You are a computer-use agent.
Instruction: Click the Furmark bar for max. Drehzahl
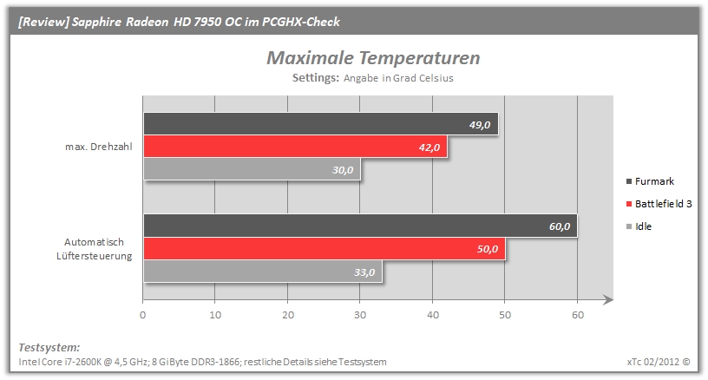pos(320,124)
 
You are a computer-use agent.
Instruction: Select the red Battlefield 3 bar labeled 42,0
pos(295,147)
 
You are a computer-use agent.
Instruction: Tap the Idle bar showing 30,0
pos(252,169)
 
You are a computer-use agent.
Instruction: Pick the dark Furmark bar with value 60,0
pos(360,226)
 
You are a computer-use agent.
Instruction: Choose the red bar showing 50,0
pos(324,249)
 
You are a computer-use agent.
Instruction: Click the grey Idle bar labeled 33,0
pos(263,272)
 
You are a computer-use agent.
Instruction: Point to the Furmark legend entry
pos(650,181)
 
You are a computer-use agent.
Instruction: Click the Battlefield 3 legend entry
pos(659,204)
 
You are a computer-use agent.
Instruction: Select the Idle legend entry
pos(639,226)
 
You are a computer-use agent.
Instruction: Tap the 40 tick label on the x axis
pos(433,315)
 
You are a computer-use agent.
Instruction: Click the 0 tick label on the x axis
pos(142,315)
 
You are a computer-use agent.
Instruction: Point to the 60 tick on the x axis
pos(578,315)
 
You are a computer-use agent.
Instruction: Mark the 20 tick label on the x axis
pos(288,315)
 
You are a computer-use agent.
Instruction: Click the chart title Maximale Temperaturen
pos(373,58)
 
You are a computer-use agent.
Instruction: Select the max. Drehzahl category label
pos(99,147)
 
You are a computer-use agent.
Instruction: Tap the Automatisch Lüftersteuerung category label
pos(95,249)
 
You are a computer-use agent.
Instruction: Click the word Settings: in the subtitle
pos(316,77)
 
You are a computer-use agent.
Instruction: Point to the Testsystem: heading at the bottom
pos(49,348)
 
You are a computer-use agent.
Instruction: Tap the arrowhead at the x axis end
pos(608,299)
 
